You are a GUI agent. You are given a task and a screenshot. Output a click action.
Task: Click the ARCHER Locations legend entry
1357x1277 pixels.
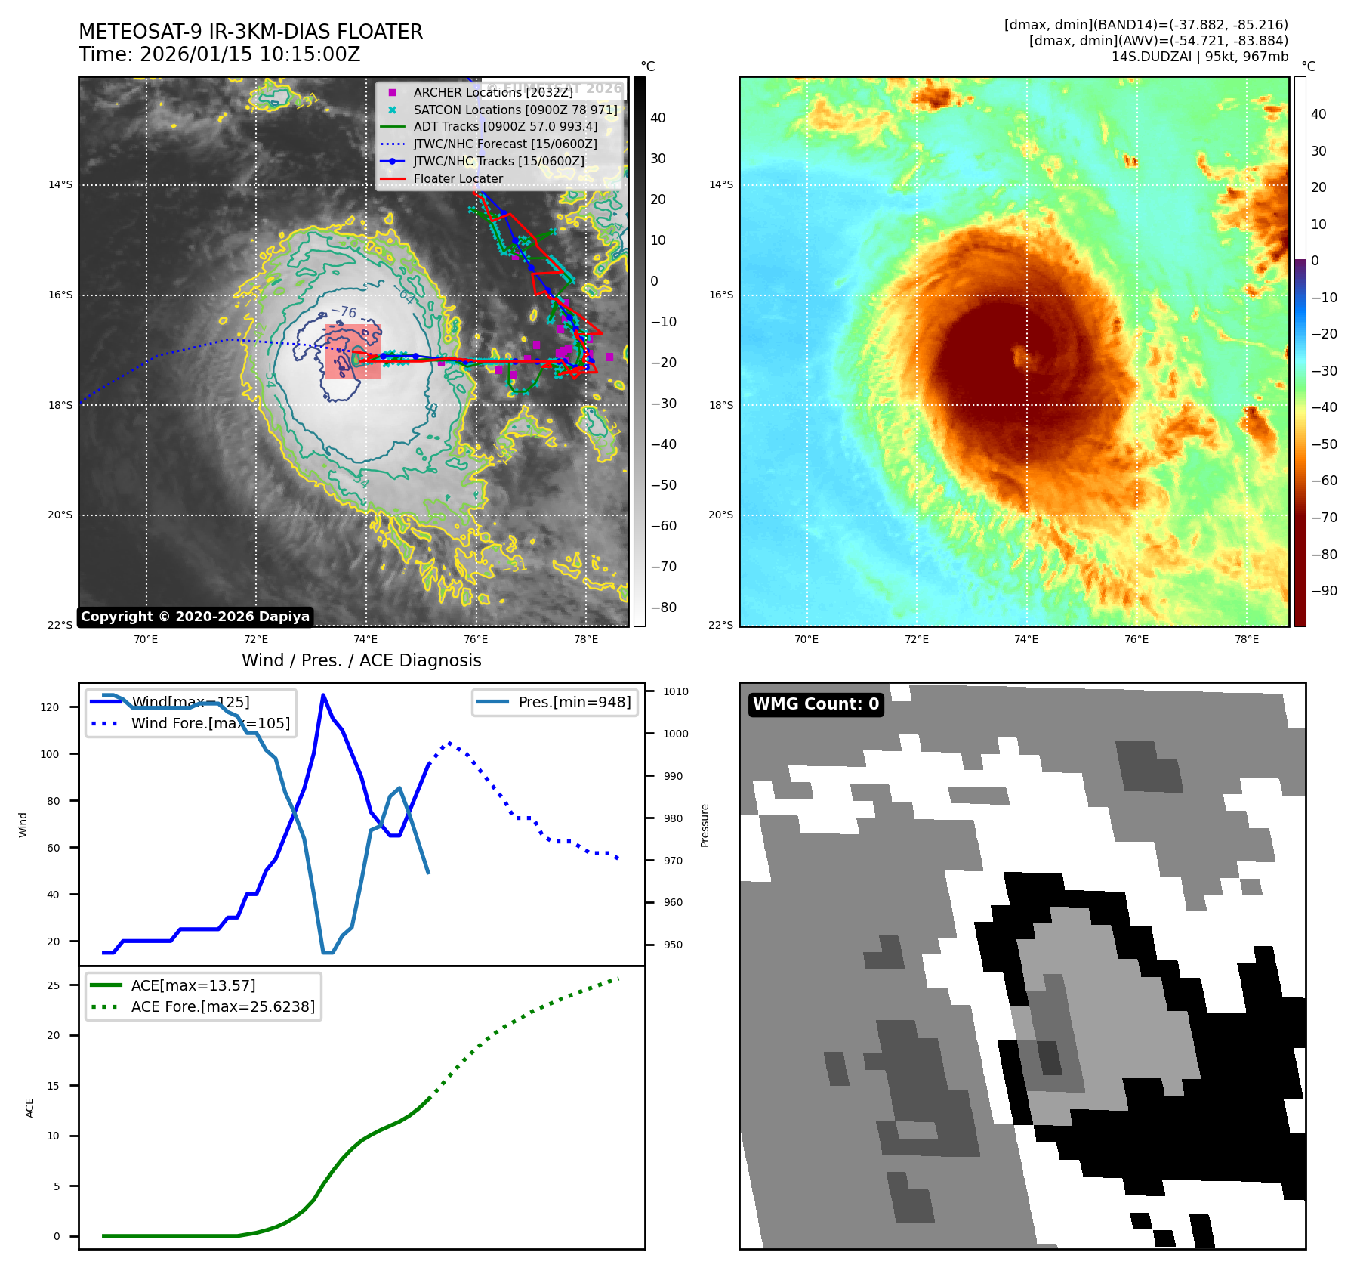pyautogui.click(x=492, y=92)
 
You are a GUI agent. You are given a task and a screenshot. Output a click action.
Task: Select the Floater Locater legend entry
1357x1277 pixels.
pyautogui.click(x=458, y=178)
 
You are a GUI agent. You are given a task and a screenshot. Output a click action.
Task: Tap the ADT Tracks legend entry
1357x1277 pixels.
pyautogui.click(x=504, y=126)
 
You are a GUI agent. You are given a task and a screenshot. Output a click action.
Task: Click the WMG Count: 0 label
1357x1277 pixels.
pyautogui.click(x=816, y=704)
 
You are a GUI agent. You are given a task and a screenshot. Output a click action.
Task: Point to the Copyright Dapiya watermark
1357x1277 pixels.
pyautogui.click(x=195, y=617)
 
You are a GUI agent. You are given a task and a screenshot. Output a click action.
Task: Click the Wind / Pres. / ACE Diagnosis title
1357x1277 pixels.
pyautogui.click(x=361, y=660)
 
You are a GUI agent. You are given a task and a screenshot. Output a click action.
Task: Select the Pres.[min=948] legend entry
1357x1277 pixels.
pyautogui.click(x=574, y=702)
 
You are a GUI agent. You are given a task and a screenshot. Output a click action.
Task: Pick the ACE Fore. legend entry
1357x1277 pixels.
pyautogui.click(x=223, y=1006)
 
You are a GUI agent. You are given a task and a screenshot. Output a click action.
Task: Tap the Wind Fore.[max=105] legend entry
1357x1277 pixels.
pyautogui.click(x=210, y=723)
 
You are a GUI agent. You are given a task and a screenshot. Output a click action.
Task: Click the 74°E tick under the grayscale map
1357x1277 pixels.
pyautogui.click(x=365, y=639)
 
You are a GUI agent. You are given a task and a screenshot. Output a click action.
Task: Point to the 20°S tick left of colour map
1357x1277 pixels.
pyautogui.click(x=720, y=515)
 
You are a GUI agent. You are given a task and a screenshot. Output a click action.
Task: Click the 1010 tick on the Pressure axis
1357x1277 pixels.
pyautogui.click(x=676, y=691)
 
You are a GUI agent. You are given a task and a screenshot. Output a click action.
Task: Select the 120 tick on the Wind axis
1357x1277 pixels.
pyautogui.click(x=50, y=707)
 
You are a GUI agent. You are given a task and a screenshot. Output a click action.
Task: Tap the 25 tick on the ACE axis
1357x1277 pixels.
pyautogui.click(x=53, y=985)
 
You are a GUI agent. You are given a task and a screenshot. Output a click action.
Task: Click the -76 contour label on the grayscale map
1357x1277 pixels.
pyautogui.click(x=344, y=311)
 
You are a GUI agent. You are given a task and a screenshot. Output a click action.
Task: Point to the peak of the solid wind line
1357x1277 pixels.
pyautogui.click(x=323, y=695)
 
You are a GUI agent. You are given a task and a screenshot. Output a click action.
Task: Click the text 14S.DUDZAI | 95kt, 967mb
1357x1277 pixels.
pyautogui.click(x=1199, y=57)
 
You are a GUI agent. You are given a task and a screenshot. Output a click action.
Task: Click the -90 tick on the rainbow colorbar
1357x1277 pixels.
pyautogui.click(x=1324, y=591)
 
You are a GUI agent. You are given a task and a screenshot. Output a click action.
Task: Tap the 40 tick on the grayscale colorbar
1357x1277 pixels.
pyautogui.click(x=658, y=118)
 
